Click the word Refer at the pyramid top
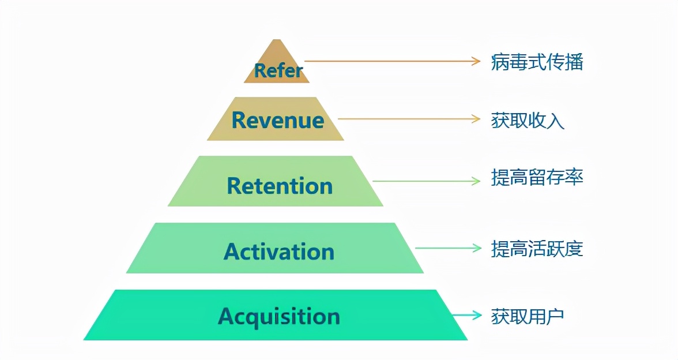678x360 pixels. pyautogui.click(x=278, y=71)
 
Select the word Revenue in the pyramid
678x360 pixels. pyautogui.click(x=277, y=121)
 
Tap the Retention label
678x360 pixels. pyautogui.click(x=280, y=186)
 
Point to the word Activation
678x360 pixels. pyautogui.click(x=279, y=252)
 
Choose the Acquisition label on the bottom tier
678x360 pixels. pyautogui.click(x=279, y=317)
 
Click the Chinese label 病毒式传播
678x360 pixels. pyautogui.click(x=537, y=62)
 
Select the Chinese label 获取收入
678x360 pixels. pyautogui.click(x=528, y=120)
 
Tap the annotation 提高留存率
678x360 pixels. pyautogui.click(x=537, y=178)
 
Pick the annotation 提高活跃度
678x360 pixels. pyautogui.click(x=537, y=249)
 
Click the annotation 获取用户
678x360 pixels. pyautogui.click(x=528, y=316)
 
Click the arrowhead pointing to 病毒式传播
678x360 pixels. pyautogui.click(x=476, y=61)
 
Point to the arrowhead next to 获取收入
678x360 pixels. pyautogui.click(x=476, y=119)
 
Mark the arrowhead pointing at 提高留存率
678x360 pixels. pyautogui.click(x=476, y=181)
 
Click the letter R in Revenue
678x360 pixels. pyautogui.click(x=239, y=121)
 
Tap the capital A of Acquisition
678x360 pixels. pyautogui.click(x=226, y=316)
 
